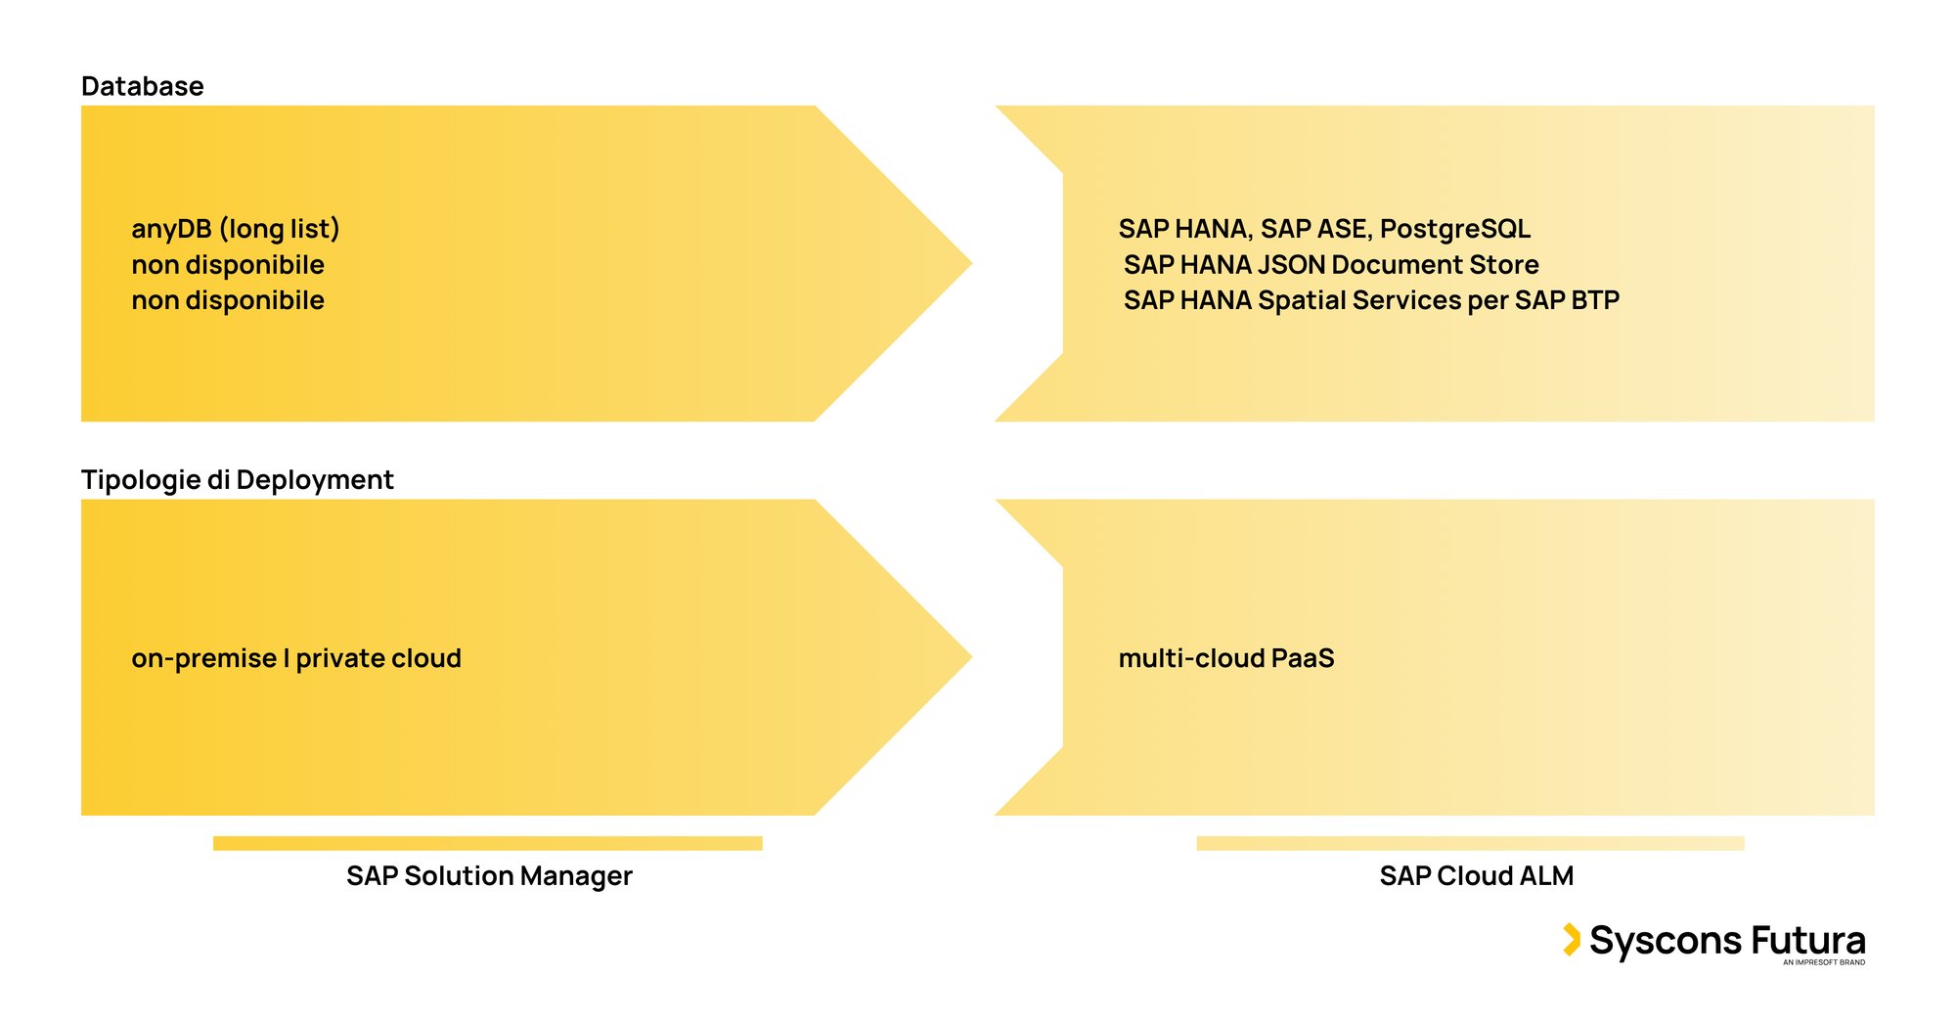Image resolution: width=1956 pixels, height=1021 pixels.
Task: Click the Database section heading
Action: [142, 86]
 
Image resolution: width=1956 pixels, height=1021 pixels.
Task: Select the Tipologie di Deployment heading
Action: [237, 479]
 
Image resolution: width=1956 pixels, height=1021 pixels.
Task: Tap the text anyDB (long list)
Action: [235, 229]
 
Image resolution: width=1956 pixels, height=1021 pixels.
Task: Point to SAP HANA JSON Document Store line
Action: [1330, 265]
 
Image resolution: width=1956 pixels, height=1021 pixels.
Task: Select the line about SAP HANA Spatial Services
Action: [1370, 300]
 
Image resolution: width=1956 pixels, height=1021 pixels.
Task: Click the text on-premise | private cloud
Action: [295, 658]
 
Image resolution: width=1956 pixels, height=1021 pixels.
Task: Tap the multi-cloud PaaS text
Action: [1225, 658]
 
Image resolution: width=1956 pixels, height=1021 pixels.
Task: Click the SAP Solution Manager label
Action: [489, 875]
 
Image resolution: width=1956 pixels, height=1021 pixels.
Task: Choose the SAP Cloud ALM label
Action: [1476, 875]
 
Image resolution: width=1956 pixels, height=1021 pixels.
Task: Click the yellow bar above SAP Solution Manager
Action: [487, 843]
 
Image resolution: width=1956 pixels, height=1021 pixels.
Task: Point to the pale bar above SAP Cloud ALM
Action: [1470, 843]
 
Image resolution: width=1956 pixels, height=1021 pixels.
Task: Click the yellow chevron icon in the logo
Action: [1571, 939]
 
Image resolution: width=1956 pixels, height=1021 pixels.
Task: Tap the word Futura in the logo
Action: [1807, 940]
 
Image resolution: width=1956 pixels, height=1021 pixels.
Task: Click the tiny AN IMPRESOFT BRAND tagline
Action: [1823, 962]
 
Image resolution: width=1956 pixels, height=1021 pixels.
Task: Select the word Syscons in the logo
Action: [1665, 941]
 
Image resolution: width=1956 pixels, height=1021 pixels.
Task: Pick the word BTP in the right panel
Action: [1595, 300]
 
